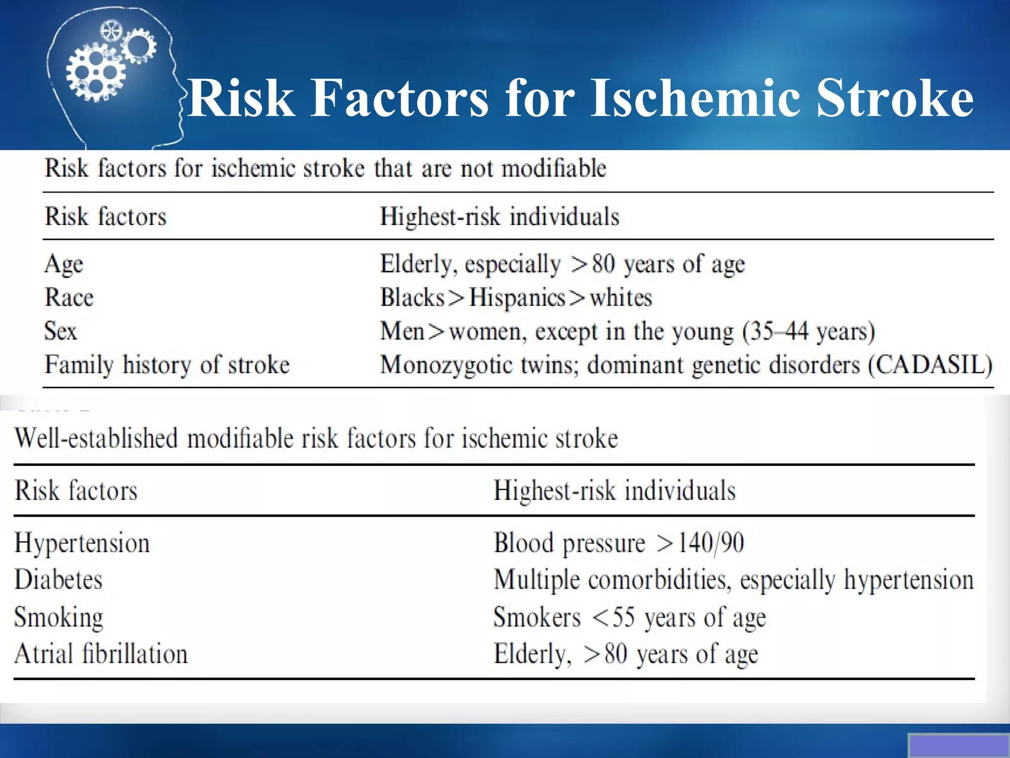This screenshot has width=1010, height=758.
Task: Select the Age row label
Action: tap(64, 264)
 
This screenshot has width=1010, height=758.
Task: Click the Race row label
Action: tap(69, 298)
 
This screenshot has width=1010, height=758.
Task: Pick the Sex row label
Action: tap(61, 331)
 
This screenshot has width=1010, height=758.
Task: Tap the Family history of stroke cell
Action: tap(167, 365)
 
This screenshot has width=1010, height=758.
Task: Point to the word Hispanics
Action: tap(517, 298)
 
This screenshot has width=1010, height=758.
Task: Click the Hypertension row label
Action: tap(82, 543)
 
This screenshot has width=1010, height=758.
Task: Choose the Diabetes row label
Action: tap(58, 579)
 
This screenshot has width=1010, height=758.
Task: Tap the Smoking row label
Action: tap(59, 617)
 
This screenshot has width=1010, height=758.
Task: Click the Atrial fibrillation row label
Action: tap(101, 654)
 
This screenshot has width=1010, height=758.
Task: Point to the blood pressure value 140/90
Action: tap(711, 543)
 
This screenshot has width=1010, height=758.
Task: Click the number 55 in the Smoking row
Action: tap(623, 617)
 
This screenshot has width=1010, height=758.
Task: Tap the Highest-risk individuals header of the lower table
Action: tap(614, 491)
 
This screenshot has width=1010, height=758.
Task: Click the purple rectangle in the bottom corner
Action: tap(958, 745)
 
